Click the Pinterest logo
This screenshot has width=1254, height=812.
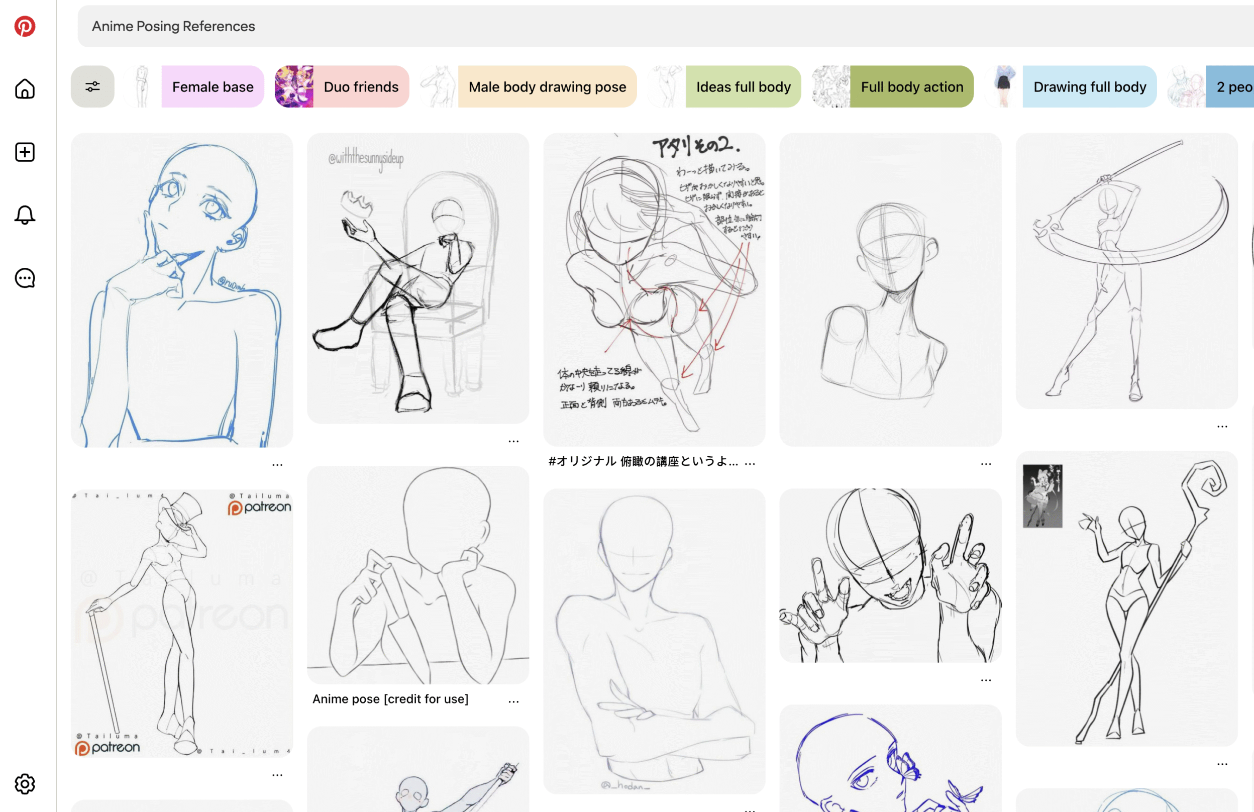tap(25, 26)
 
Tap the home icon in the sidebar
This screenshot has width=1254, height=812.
tap(25, 88)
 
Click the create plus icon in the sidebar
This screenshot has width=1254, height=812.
tap(25, 152)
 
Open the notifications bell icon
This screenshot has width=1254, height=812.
tap(25, 215)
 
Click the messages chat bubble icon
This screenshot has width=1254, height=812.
tap(25, 278)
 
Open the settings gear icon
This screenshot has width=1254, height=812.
tap(25, 784)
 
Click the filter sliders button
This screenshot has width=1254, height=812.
tap(93, 86)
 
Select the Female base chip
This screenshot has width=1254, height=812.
tap(213, 87)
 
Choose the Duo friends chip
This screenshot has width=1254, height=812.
tap(361, 87)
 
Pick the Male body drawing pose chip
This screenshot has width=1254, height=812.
tap(547, 87)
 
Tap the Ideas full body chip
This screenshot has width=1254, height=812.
tap(743, 87)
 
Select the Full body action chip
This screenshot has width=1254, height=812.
tap(911, 87)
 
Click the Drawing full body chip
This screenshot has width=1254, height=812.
tap(1089, 87)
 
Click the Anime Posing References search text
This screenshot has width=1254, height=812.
tap(173, 26)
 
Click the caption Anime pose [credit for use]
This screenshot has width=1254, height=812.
tap(390, 699)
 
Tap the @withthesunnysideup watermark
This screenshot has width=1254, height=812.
tap(366, 158)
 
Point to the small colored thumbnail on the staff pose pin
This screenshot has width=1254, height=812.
tap(1042, 496)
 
